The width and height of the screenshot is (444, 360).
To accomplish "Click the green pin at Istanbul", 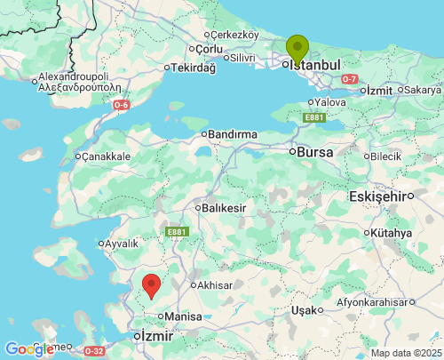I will [x=297, y=47].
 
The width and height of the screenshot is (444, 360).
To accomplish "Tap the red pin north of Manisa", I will [x=152, y=286].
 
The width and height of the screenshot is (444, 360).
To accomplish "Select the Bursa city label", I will [x=315, y=152].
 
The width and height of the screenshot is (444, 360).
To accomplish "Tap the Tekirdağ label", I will [x=193, y=68].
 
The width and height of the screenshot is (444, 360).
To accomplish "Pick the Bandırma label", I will [x=232, y=134].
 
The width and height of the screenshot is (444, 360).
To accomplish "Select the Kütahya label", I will [x=392, y=233].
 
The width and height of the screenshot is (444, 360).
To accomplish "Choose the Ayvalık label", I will [x=122, y=243].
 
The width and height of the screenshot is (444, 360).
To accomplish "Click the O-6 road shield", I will [x=122, y=105].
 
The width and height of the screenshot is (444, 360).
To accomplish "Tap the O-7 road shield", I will [x=350, y=79].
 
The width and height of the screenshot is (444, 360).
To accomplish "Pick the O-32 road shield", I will [x=94, y=351].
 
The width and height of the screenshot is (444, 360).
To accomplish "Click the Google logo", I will [x=28, y=349].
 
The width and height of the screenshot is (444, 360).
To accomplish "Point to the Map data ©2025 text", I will [x=406, y=353].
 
